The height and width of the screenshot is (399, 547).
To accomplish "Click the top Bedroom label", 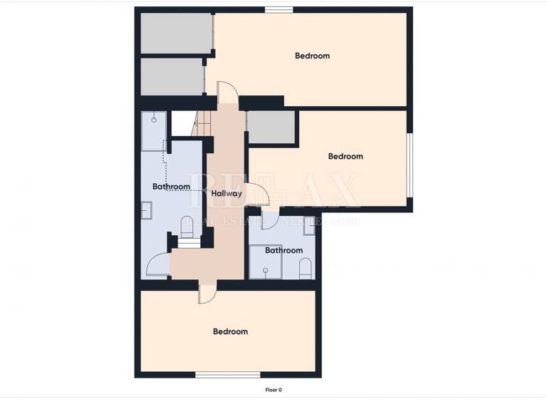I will point(312,56).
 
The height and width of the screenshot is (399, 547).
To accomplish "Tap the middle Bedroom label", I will point(345,156).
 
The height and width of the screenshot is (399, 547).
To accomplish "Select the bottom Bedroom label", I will point(231,331).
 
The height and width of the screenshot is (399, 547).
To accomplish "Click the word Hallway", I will point(226,193).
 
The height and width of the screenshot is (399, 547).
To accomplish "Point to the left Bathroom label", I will point(171,187).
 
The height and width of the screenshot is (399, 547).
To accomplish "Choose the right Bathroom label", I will point(283,250).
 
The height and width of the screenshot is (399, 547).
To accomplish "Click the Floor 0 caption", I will point(273,390).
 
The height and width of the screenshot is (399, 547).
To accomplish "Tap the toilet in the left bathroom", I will point(187,225).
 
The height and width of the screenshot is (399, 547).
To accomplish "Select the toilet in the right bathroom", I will point(306,268).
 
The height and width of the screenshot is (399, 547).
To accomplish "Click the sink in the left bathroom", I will point(146,211).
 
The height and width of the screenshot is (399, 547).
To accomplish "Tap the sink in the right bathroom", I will point(308,222).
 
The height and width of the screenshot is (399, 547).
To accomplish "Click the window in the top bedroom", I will point(278,9).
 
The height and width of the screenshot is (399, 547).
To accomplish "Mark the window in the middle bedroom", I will point(410,164).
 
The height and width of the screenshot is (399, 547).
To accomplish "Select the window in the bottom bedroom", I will point(227,374).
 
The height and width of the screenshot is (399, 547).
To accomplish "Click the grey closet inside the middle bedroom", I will point(270,129).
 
